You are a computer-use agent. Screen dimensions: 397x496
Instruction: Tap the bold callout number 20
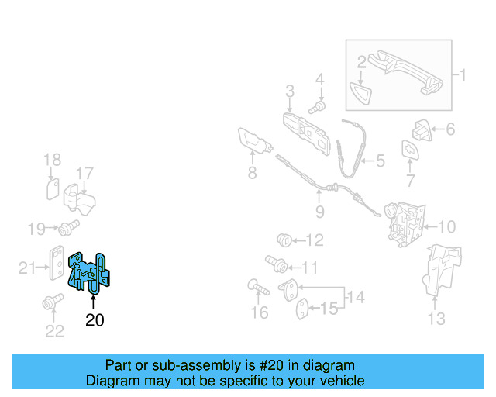[94, 319]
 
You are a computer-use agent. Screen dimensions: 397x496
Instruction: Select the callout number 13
[436, 319]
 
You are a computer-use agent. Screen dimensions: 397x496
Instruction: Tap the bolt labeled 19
[67, 228]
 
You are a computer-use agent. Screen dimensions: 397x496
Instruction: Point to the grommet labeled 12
[285, 240]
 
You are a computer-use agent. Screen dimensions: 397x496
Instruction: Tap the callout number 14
[356, 295]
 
